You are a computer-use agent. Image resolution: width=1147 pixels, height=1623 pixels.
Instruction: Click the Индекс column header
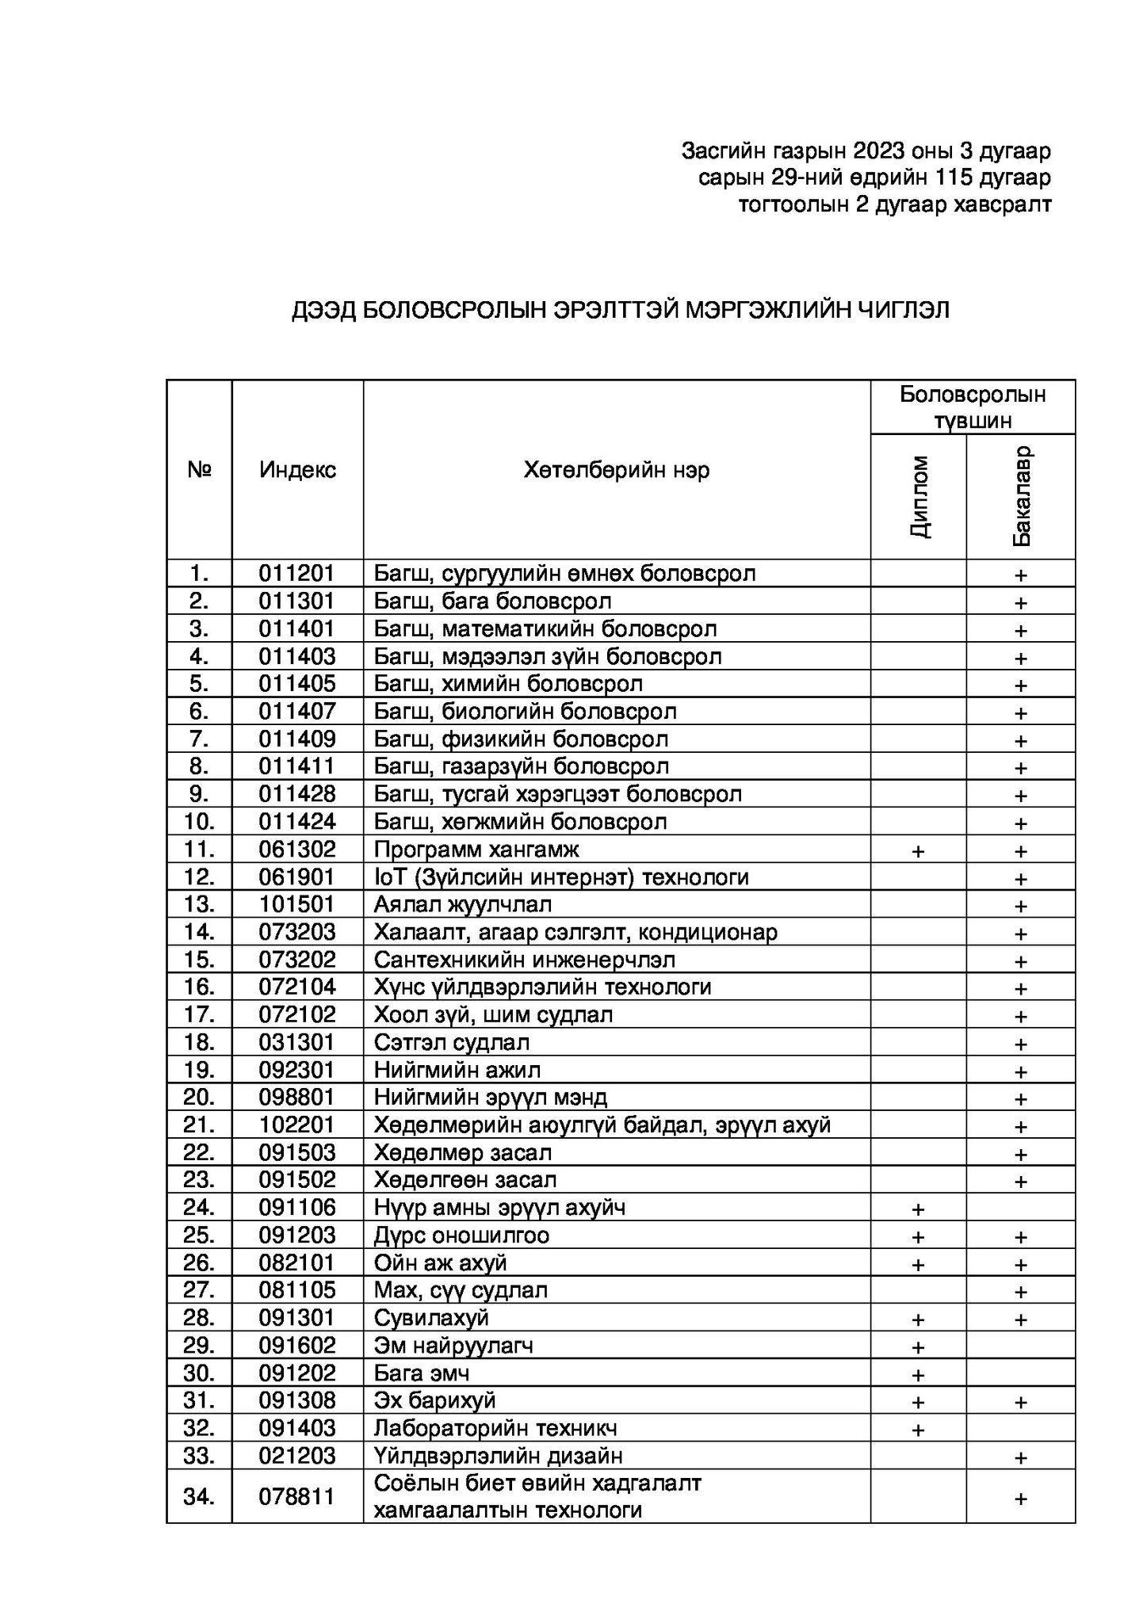(x=297, y=470)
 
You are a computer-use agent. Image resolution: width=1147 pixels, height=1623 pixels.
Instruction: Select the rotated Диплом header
(x=919, y=497)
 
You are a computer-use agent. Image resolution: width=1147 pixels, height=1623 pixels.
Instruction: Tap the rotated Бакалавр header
(x=1021, y=497)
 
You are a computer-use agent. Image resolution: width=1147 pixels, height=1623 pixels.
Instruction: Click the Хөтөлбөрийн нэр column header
(x=616, y=470)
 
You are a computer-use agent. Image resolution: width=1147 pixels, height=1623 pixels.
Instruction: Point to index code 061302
(x=297, y=850)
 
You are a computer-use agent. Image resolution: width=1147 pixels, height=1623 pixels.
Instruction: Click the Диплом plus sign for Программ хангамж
(x=918, y=851)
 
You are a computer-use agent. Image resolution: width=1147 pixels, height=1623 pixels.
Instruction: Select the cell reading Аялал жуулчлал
(x=463, y=904)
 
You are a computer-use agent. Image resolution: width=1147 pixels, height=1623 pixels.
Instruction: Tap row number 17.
(x=199, y=1014)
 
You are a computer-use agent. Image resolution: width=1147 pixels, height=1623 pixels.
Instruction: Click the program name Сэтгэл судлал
(x=452, y=1042)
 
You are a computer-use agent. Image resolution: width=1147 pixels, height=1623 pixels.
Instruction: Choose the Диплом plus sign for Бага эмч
(x=918, y=1374)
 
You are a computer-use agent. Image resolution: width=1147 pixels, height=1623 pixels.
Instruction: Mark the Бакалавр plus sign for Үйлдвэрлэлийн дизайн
(x=1021, y=1457)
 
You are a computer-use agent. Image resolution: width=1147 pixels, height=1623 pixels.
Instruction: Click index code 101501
(x=297, y=904)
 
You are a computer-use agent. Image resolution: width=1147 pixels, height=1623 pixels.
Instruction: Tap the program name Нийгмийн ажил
(x=457, y=1070)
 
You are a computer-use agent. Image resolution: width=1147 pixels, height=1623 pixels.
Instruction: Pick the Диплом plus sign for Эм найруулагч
(x=918, y=1346)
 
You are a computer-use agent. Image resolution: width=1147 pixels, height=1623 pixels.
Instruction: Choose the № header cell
(x=199, y=470)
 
